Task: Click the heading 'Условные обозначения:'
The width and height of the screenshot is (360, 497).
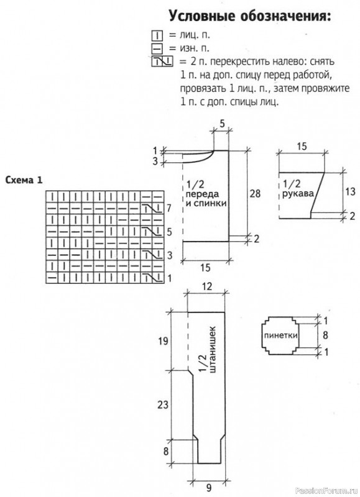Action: (x=249, y=16)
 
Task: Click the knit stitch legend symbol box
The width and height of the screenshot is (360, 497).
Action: (x=157, y=35)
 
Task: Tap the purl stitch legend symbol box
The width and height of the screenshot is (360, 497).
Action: (x=157, y=48)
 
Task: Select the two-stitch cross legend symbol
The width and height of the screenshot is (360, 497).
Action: (x=162, y=61)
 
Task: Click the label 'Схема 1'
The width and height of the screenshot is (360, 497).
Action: (x=24, y=180)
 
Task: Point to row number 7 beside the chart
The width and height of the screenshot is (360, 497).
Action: (x=169, y=208)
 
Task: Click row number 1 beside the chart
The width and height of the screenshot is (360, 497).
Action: (x=169, y=278)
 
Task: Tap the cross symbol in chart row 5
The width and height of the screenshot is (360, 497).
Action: (x=152, y=232)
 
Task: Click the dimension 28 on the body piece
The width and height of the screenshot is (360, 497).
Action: (x=255, y=193)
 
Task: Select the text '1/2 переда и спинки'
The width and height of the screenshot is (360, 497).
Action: (x=206, y=194)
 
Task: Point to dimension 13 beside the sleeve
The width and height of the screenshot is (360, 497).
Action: (x=350, y=191)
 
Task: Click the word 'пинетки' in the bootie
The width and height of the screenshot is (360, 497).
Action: (x=280, y=335)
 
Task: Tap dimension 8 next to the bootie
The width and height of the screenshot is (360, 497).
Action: (x=325, y=335)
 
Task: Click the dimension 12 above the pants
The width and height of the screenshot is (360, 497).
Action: (x=206, y=286)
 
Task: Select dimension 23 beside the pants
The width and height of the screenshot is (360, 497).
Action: (x=163, y=405)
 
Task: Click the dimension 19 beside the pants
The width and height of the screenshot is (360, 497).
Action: (x=163, y=341)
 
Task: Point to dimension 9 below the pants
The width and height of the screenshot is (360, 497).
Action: (x=209, y=487)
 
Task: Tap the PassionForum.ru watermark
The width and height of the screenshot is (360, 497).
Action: (x=326, y=491)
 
